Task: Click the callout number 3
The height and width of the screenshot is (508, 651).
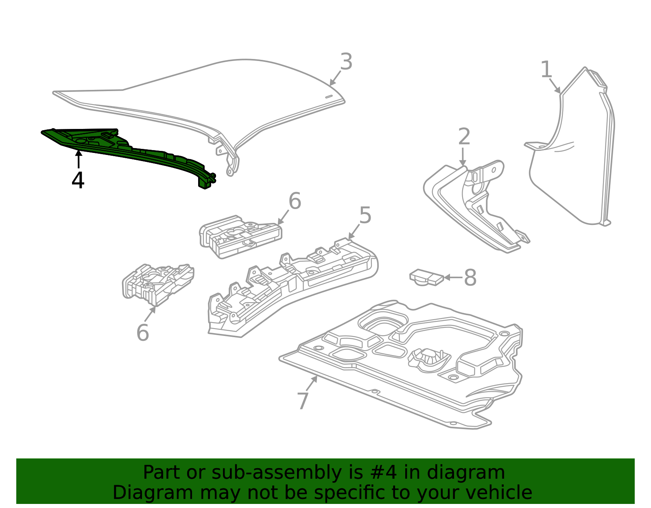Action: point(346,62)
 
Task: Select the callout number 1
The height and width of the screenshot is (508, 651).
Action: point(546,70)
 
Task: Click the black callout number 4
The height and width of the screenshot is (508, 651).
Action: point(78,180)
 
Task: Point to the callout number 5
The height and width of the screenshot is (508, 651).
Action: point(365,215)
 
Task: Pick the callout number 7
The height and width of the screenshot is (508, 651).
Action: point(303,401)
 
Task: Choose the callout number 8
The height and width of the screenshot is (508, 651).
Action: point(470,278)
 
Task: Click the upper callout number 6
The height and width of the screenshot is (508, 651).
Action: point(295,201)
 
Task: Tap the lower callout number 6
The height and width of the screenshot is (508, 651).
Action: point(142,333)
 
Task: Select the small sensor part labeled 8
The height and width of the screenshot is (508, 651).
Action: point(426,277)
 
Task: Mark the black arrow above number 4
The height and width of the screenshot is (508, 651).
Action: point(78,159)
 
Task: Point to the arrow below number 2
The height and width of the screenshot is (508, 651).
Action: point(463,157)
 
